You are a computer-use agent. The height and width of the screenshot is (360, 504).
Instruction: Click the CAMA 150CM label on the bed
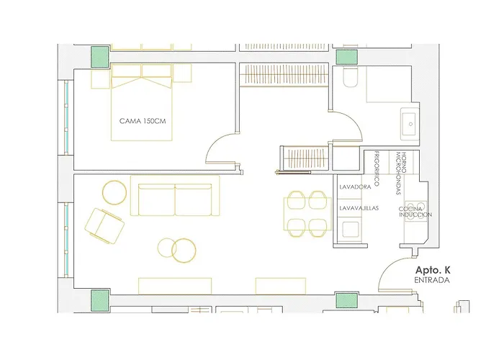[x=143, y=121]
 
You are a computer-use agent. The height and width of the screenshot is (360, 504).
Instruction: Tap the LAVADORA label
[x=355, y=186]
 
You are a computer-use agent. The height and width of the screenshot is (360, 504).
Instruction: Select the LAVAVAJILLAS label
[x=359, y=208]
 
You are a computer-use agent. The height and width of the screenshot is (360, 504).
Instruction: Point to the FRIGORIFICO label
[x=377, y=168]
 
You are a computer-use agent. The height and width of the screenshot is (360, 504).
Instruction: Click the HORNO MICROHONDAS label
[x=401, y=174]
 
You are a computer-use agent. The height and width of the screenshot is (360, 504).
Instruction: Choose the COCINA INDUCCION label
[x=415, y=212]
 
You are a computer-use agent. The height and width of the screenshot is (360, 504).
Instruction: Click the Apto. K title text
[x=432, y=270]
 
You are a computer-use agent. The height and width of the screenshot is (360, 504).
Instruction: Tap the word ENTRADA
[x=432, y=280]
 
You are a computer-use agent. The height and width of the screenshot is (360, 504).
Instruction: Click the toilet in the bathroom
[x=350, y=77]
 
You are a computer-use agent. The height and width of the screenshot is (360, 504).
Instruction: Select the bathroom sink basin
[x=410, y=124]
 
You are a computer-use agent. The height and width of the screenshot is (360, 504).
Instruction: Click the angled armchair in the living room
[x=104, y=225]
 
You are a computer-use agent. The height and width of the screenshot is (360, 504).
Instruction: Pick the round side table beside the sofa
[x=114, y=192]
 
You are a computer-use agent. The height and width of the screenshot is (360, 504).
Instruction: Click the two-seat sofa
[x=175, y=195]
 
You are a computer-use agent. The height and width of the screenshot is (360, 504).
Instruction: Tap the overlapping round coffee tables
[x=177, y=250]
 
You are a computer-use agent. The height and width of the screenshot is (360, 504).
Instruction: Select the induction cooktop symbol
[x=415, y=211]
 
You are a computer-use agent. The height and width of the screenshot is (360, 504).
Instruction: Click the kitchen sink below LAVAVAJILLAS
[x=349, y=229]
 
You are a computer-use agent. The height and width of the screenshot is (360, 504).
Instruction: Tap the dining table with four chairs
[x=307, y=214]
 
